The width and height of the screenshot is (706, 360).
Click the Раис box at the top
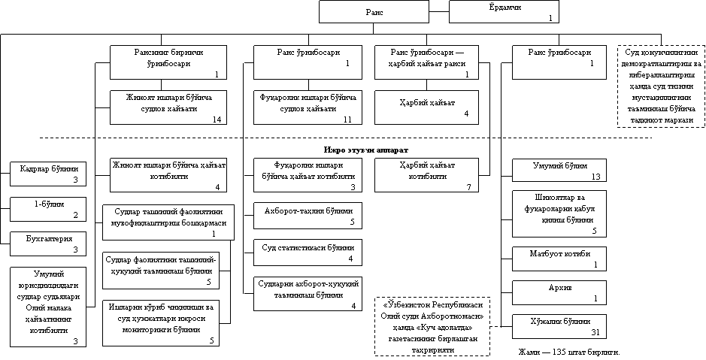coord(378,12)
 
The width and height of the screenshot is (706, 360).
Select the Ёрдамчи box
coord(505,12)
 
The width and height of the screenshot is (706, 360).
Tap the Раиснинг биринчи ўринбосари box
coord(168,62)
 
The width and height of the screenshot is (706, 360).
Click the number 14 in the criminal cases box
coord(217,119)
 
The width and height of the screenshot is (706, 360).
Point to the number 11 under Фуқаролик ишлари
coord(347,119)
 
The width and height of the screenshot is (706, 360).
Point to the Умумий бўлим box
coord(559,171)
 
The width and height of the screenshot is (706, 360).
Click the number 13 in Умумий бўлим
coord(595,177)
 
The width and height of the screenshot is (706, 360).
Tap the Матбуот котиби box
coord(559,259)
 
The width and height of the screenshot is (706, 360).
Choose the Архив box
coord(559,292)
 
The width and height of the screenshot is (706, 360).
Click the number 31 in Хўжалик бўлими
coord(595,332)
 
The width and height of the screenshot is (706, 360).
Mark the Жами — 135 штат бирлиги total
coord(569,352)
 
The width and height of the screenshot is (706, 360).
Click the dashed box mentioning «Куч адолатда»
coord(432,327)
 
